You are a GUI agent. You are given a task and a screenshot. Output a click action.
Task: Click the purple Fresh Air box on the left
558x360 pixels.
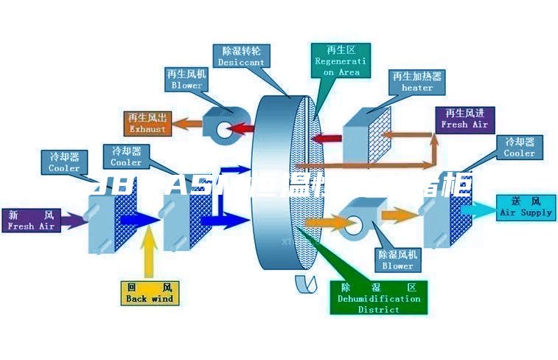coord(31,221)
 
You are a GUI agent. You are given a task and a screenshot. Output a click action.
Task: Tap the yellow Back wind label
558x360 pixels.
coord(150,293)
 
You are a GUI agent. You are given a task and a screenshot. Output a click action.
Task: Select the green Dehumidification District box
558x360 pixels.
coord(379,298)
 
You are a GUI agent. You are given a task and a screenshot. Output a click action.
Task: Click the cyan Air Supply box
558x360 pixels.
coord(526,207)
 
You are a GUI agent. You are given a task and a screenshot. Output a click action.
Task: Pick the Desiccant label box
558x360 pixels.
coord(241,57)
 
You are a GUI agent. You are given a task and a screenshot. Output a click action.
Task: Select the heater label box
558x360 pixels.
coord(417,82)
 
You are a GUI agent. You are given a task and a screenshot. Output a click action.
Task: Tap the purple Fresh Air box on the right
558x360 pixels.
coord(465,119)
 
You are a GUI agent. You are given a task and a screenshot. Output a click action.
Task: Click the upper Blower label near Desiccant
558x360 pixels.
coord(186,80)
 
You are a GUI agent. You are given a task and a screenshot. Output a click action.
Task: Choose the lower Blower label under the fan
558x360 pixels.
coord(397,260)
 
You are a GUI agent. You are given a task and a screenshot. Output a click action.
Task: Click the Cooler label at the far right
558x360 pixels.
coord(520,147)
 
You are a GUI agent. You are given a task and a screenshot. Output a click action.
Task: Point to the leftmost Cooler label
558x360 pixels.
coord(64,162)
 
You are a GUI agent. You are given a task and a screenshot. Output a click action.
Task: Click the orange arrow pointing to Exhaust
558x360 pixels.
coord(187,125)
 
